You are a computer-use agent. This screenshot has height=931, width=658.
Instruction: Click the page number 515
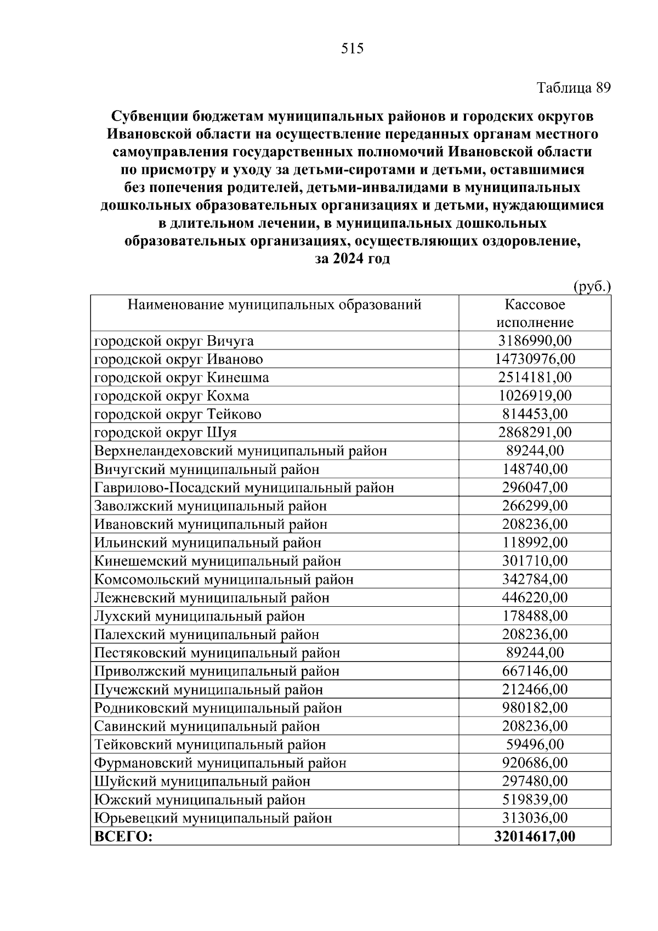(352, 49)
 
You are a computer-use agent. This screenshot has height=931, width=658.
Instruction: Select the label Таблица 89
(574, 88)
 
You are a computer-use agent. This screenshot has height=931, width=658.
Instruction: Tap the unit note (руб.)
(592, 286)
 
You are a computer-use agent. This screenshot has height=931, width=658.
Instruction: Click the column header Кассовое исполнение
(535, 313)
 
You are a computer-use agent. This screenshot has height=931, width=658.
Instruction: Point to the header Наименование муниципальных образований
(274, 304)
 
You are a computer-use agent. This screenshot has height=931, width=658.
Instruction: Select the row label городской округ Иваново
(179, 359)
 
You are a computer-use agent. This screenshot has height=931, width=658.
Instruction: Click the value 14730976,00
(535, 359)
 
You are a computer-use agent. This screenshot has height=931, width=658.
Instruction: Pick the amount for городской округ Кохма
(535, 396)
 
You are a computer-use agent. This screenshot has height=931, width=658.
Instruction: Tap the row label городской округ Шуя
(166, 433)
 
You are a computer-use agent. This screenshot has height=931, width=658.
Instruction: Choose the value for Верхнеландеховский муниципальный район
(535, 451)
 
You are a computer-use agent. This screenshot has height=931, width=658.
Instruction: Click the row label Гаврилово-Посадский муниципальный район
(244, 488)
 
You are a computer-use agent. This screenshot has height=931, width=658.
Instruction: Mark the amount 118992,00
(535, 543)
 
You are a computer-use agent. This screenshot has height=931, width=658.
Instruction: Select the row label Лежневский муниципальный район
(212, 598)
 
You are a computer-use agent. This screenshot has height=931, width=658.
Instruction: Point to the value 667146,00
(535, 671)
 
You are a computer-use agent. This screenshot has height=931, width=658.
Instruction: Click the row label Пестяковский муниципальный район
(217, 653)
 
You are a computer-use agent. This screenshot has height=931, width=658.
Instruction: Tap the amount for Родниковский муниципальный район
(535, 708)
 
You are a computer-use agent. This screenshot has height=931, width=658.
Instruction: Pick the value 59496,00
(535, 744)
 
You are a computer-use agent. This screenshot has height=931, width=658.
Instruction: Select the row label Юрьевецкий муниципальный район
(213, 818)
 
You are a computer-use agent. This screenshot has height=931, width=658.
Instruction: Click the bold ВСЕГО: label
(123, 837)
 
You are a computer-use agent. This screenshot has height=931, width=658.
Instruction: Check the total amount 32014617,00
(535, 837)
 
